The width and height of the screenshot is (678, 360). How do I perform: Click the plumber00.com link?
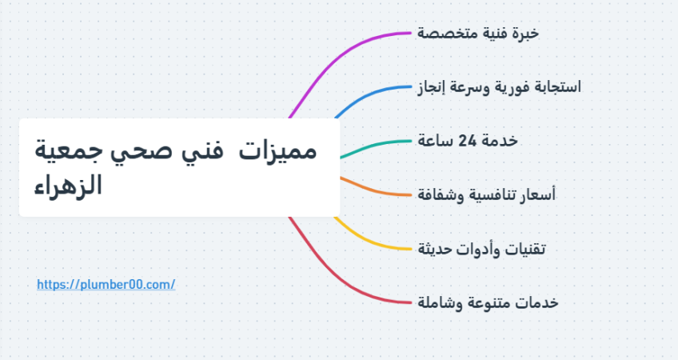(x=106, y=284)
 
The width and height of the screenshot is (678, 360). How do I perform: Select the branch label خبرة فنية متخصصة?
(x=478, y=34)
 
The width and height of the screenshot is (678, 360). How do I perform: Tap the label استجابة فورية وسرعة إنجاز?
(x=499, y=87)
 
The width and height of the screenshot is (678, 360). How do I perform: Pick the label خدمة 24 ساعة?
(x=468, y=141)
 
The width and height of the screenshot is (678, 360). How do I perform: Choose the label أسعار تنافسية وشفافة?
(x=486, y=194)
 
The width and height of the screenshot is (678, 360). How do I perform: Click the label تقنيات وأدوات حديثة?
(x=481, y=249)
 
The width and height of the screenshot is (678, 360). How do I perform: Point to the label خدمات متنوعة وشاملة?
(x=488, y=302)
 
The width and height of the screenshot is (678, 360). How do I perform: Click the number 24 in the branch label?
(x=468, y=141)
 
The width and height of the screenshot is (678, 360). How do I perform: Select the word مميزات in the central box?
(x=278, y=151)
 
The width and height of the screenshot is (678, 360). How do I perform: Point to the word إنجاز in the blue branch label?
(x=433, y=87)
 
